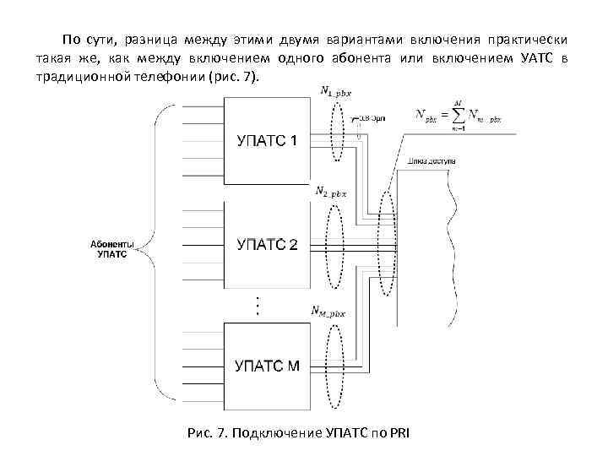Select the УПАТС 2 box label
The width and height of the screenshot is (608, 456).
point(265,245)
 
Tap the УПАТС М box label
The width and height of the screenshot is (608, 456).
point(265,366)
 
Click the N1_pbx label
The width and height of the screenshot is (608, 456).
point(335,90)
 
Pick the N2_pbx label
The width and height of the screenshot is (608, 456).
point(330,193)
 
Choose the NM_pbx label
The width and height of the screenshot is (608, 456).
point(329,311)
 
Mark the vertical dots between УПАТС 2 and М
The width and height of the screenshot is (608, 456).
point(258,305)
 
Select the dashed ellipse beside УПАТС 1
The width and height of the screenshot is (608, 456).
point(338,135)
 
